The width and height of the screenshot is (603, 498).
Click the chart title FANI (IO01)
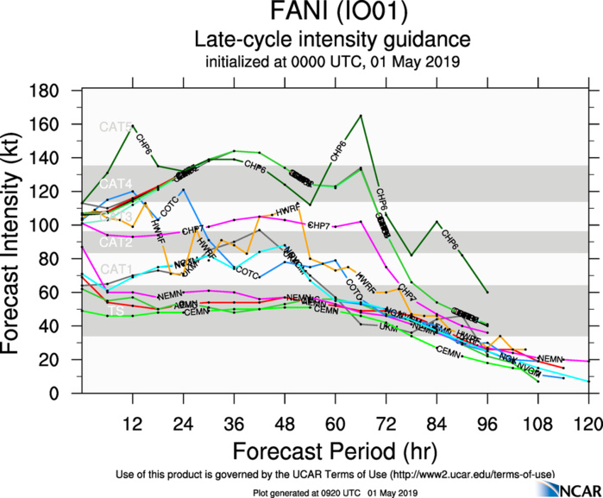pyautogui.click(x=332, y=15)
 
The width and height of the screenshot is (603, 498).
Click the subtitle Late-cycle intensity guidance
pyautogui.click(x=332, y=40)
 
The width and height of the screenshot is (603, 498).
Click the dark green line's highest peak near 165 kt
pyautogui.click(x=361, y=115)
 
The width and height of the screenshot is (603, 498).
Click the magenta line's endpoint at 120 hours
pyautogui.click(x=589, y=361)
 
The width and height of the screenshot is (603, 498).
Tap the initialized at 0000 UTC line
pyautogui.click(x=332, y=62)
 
